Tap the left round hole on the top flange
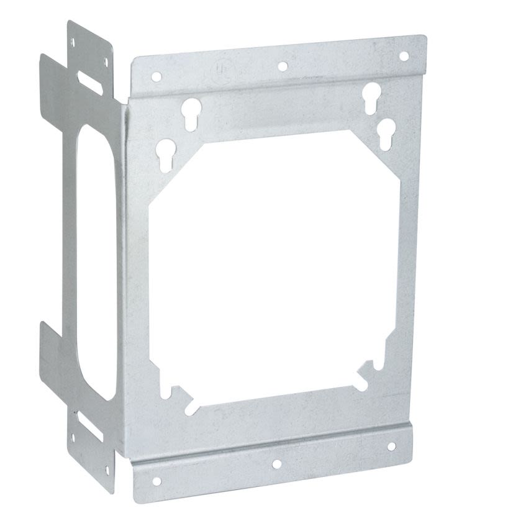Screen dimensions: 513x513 point(157,77)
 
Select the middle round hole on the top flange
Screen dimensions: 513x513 point(282,66)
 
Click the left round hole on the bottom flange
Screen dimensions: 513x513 point(155,479)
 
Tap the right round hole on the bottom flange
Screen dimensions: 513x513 point(391,447)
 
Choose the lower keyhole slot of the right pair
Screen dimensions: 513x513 point(386,130)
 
